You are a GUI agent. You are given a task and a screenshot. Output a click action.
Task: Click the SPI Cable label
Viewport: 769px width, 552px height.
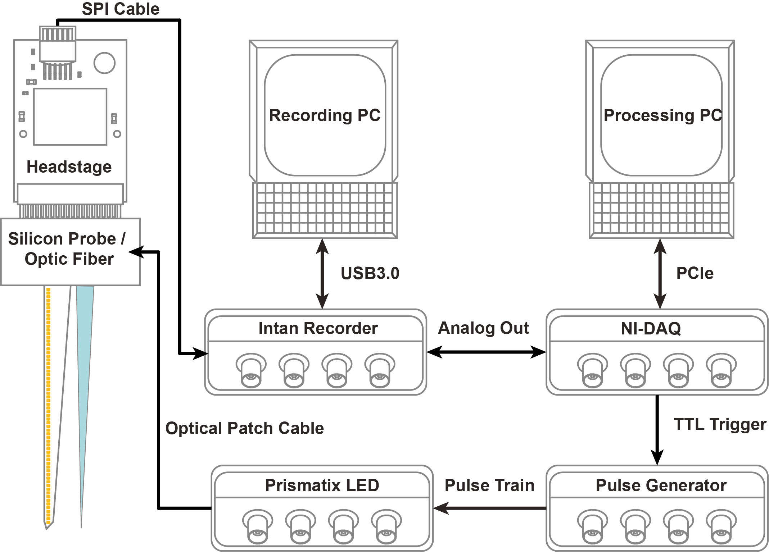tap(121, 9)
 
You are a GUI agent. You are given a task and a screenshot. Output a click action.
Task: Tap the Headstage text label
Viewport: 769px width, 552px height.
tap(69, 167)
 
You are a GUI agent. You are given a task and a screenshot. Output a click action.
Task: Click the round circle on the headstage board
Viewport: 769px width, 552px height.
tap(104, 63)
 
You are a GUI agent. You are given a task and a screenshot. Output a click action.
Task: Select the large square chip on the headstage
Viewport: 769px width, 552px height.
tap(70, 117)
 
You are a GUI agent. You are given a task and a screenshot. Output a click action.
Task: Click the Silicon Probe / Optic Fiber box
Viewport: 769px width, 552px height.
tap(70, 252)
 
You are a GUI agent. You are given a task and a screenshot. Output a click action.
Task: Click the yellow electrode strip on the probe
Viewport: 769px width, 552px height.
tap(48, 396)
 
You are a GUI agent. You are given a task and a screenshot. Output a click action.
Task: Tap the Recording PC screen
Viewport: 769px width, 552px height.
tap(325, 115)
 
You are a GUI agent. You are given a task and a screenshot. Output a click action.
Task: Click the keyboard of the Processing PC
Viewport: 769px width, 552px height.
tap(661, 210)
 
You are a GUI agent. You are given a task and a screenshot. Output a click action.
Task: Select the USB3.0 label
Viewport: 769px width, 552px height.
tap(370, 273)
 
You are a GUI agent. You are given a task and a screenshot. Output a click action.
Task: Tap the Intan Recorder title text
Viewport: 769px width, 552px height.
tap(318, 328)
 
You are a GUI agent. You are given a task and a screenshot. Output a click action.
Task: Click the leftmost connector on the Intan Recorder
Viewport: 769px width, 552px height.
tap(251, 370)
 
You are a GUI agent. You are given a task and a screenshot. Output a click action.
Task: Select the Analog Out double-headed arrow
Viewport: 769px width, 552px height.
tap(486, 352)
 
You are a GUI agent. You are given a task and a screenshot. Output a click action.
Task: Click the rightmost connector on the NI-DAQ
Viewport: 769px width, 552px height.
tap(721, 370)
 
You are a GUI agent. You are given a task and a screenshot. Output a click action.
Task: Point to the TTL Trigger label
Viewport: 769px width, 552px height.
tap(720, 424)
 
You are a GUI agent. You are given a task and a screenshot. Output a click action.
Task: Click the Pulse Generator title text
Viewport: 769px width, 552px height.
tap(661, 485)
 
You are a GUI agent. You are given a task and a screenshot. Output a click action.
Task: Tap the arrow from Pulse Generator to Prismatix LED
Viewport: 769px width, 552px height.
tap(489, 508)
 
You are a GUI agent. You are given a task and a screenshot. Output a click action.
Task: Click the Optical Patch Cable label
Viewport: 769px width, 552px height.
tap(245, 428)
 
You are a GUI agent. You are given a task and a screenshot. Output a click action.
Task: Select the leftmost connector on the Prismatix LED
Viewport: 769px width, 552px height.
tap(257, 526)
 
